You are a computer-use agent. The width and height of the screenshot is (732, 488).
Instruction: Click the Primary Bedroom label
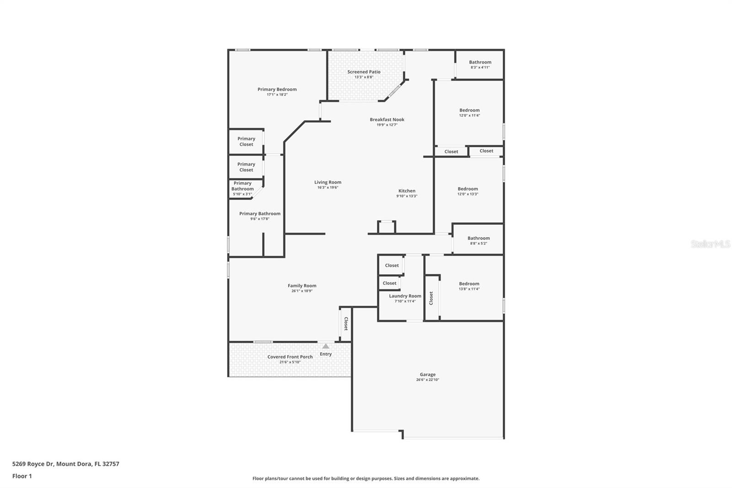(x=277, y=89)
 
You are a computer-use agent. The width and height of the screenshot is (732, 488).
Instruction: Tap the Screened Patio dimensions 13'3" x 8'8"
(x=364, y=77)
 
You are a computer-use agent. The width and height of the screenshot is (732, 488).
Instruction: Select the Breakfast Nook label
(x=387, y=119)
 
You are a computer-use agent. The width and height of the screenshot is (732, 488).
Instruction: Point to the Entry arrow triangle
(x=325, y=347)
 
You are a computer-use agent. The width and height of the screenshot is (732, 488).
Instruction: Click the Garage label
(x=428, y=374)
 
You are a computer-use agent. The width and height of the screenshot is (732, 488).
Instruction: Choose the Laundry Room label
(x=405, y=296)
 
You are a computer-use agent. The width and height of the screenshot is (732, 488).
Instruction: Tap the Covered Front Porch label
(x=290, y=357)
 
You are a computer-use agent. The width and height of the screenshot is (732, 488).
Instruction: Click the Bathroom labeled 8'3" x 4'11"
(x=480, y=62)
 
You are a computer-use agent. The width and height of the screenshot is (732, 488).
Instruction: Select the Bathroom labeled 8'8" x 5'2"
(x=479, y=238)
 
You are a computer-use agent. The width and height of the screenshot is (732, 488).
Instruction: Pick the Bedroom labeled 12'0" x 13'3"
(x=468, y=189)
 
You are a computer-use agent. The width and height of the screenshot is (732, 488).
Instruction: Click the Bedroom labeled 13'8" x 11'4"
(x=469, y=284)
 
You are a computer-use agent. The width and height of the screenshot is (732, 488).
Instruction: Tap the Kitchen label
(x=407, y=191)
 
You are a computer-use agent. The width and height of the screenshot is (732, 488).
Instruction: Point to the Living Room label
(x=328, y=182)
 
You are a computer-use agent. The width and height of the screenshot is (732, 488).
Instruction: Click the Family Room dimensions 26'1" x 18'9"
(x=302, y=291)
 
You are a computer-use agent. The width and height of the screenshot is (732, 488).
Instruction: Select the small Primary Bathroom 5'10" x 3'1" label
(x=242, y=188)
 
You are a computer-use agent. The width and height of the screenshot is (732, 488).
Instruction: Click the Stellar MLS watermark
(x=710, y=244)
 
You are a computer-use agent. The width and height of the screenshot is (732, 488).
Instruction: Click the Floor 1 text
(x=22, y=476)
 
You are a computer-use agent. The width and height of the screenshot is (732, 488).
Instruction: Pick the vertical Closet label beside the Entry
(x=346, y=324)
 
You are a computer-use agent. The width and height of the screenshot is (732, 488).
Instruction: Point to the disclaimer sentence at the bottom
(x=366, y=478)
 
